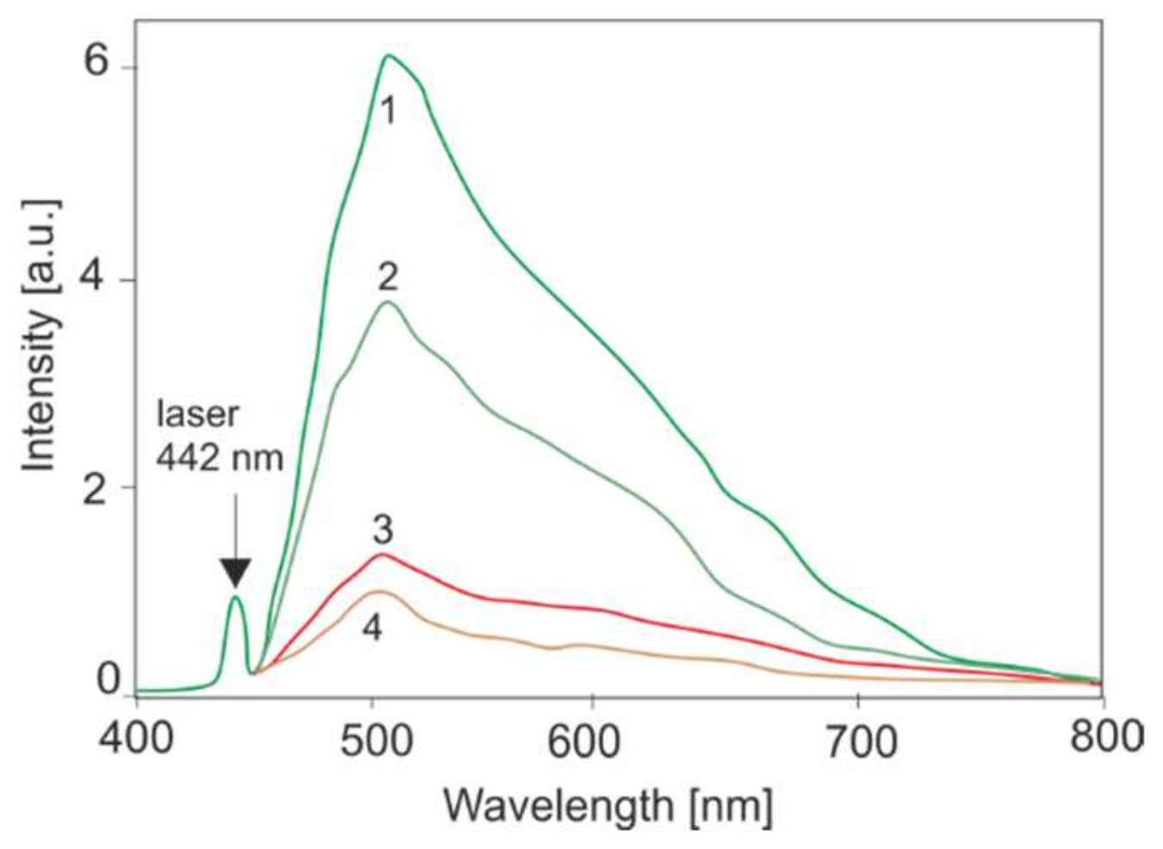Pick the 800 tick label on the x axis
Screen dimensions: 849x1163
[1108, 737]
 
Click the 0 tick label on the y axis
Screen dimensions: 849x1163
[109, 680]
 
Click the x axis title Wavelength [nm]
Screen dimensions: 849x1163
[607, 806]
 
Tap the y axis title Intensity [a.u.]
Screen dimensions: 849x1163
[40, 336]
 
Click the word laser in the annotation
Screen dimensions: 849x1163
[196, 414]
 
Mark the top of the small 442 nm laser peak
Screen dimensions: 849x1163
[234, 597]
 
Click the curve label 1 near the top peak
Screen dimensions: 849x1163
[389, 110]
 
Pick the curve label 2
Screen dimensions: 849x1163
[388, 278]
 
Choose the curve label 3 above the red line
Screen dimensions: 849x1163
[382, 530]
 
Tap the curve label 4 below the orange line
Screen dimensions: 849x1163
[371, 629]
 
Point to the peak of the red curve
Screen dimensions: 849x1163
[381, 555]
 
